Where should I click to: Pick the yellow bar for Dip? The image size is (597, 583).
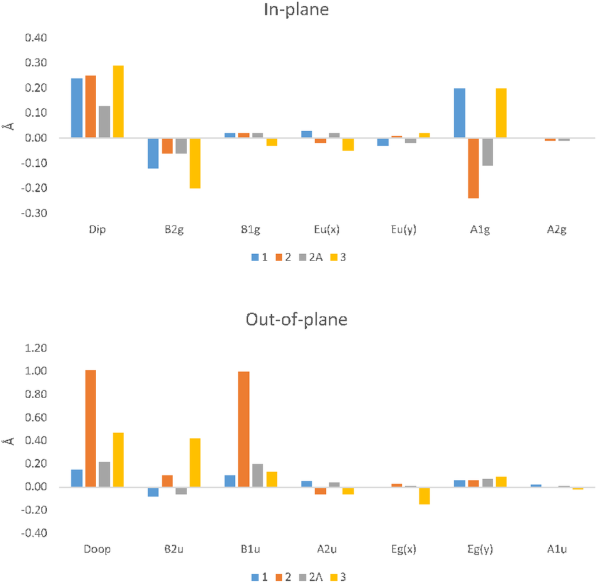coord(118,101)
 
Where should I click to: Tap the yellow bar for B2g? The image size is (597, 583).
coord(195,163)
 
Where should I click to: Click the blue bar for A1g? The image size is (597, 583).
coord(459,113)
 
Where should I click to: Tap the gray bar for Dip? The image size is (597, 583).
coord(104,122)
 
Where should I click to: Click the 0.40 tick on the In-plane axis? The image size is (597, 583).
coord(37,38)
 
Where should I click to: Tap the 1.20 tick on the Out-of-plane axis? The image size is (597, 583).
coord(37,348)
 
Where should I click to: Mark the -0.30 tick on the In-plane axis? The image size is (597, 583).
coord(36,213)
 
